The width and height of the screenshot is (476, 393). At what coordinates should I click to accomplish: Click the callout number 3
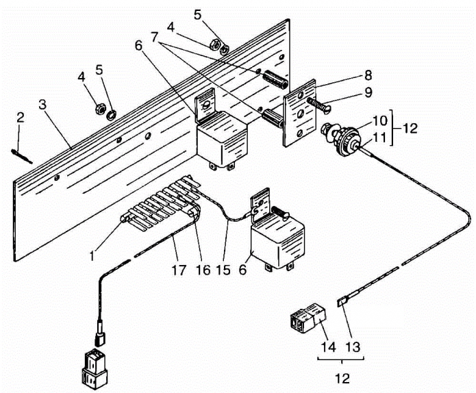(42, 104)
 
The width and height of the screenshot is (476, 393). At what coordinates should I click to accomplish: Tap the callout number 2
(21, 118)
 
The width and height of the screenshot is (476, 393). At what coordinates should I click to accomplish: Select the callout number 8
(368, 75)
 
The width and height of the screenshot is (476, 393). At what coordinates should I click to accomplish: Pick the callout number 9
(368, 92)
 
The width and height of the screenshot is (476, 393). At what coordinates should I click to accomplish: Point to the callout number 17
(179, 270)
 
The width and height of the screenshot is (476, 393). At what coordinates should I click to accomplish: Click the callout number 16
(203, 270)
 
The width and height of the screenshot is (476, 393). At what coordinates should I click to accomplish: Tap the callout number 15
(223, 270)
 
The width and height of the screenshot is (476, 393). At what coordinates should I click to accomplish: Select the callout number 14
(329, 346)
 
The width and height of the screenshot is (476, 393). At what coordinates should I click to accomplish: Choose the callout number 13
(353, 346)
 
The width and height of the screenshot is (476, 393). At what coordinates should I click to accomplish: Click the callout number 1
(92, 256)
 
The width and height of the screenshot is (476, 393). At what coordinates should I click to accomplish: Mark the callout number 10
(379, 121)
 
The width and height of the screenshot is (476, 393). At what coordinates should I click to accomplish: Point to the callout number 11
(379, 137)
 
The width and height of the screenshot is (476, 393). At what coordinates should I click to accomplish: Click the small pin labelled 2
(21, 156)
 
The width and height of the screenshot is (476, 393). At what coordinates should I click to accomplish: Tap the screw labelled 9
(319, 104)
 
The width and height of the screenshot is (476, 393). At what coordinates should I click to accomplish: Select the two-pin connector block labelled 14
(308, 320)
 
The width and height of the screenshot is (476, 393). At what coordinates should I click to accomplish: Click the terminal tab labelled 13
(342, 302)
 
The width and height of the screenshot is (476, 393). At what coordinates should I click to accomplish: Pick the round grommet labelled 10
(349, 142)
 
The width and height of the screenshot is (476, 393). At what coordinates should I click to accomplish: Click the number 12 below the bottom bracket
(342, 379)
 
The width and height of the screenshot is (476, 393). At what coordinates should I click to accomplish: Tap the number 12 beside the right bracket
(410, 128)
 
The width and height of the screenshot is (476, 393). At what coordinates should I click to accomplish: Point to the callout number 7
(155, 38)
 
